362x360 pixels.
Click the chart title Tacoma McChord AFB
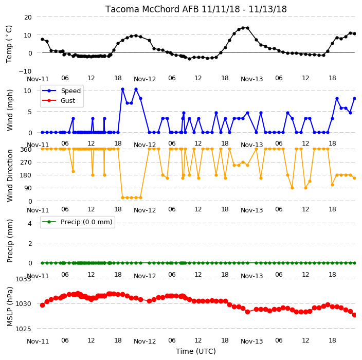152,9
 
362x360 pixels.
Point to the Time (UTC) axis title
196,351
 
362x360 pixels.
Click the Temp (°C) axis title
9,44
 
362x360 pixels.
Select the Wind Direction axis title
10,175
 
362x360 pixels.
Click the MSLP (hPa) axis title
10,307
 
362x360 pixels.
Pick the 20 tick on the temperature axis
28,17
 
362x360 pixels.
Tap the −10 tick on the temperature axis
25,71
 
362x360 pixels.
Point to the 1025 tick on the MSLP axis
23,329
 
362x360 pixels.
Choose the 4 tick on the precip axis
30,223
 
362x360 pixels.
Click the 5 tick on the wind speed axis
30,112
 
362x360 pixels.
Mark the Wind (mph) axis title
10,110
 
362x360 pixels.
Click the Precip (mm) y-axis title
10,241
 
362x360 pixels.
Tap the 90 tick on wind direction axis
28,188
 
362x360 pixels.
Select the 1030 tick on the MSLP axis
23,303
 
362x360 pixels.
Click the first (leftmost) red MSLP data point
42,305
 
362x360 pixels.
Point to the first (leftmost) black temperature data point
42,39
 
